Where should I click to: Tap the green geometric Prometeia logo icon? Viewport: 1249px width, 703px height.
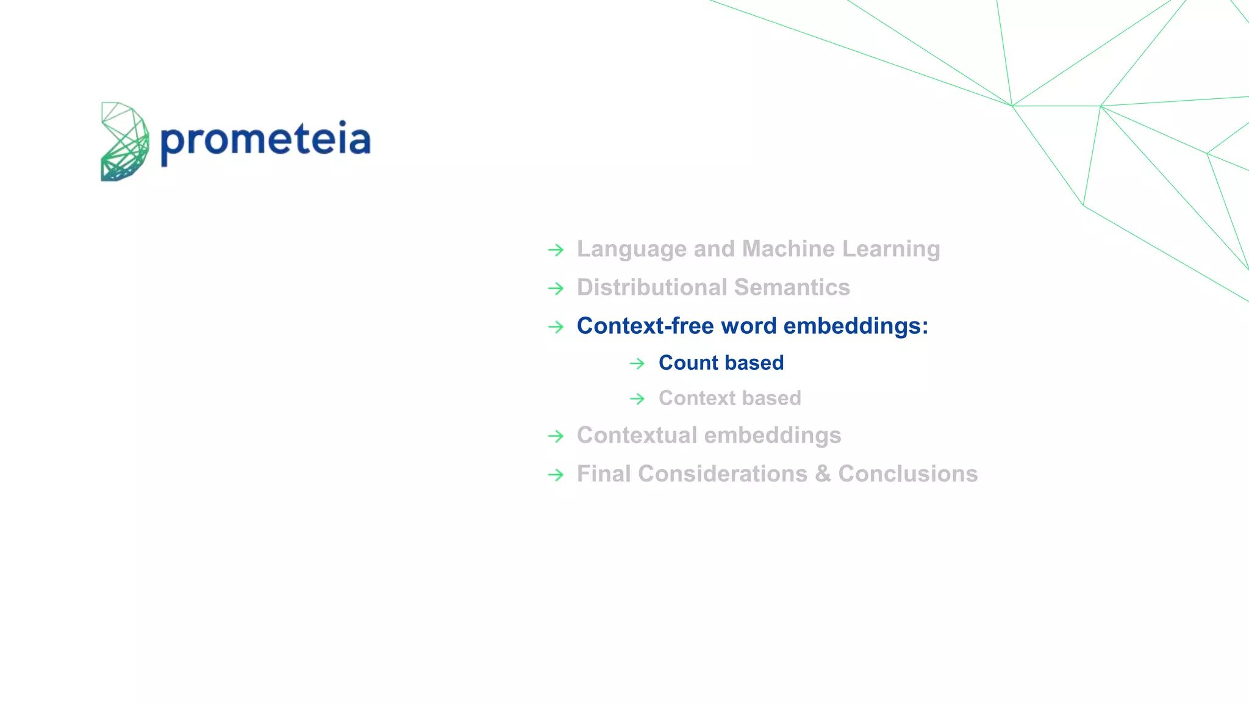(124, 142)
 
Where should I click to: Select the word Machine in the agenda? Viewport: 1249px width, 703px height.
(789, 249)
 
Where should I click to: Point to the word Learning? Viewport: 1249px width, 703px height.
(891, 250)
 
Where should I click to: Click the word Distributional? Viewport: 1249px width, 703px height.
(652, 287)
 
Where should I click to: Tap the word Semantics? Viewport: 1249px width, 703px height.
(792, 287)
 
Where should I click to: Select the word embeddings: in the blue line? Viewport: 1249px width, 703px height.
(856, 326)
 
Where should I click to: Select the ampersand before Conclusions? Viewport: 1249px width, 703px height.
(823, 474)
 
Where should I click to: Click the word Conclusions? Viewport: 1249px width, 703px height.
(907, 474)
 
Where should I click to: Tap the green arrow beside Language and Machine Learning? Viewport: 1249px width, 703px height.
(556, 250)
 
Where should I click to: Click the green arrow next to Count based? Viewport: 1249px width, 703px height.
(637, 364)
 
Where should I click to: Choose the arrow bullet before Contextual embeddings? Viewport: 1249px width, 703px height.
(556, 436)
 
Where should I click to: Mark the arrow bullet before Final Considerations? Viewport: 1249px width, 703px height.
(556, 475)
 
